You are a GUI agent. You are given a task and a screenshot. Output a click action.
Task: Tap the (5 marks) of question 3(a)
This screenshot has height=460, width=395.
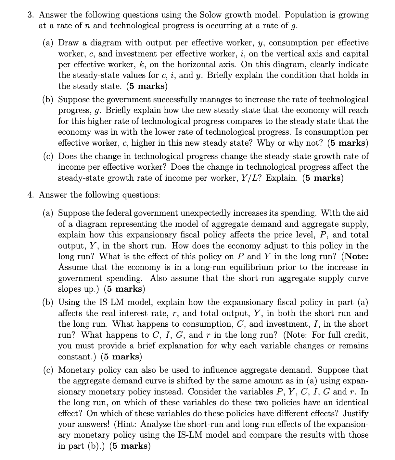tap(147, 86)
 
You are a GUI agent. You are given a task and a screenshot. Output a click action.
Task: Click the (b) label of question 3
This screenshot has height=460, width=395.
tap(48, 99)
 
